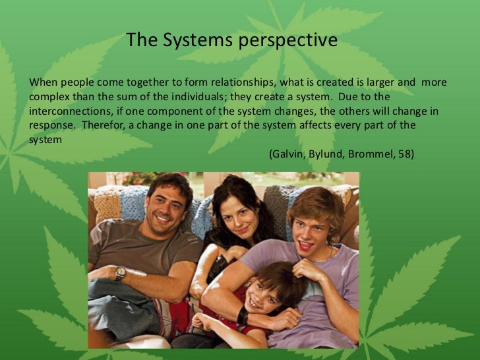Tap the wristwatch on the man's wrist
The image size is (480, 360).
[x=121, y=274]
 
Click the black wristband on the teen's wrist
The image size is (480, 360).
[x=243, y=316]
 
